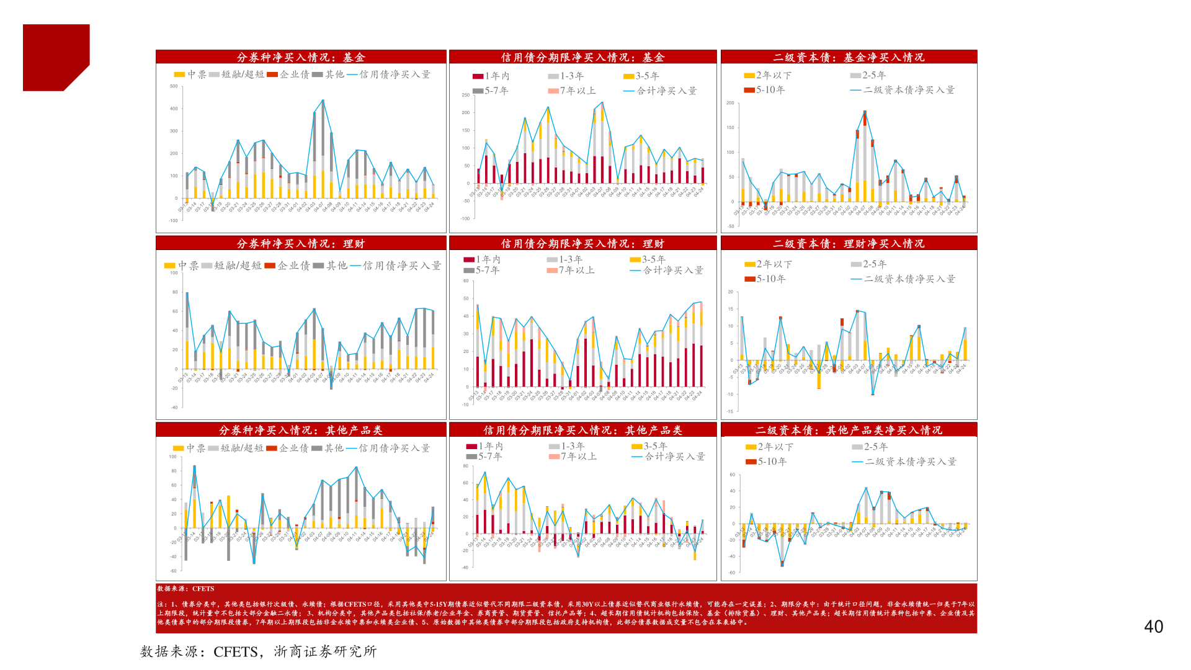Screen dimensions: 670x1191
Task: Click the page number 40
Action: point(1153,627)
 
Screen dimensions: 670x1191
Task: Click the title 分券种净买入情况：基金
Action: point(301,57)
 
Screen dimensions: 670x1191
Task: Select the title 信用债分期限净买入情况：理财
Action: point(582,244)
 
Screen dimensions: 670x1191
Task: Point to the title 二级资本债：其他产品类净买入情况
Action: point(848,430)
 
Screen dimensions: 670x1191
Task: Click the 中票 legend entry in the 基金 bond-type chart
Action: point(190,74)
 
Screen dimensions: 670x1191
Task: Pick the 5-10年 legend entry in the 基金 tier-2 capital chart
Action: point(764,90)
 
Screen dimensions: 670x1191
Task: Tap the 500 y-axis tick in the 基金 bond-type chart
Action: point(174,86)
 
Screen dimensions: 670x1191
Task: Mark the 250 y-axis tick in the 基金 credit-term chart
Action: point(465,95)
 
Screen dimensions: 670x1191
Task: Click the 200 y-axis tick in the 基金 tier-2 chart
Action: point(730,103)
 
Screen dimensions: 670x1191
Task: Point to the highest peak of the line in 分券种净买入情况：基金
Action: point(323,100)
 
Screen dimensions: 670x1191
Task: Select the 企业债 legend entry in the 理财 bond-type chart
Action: point(286,266)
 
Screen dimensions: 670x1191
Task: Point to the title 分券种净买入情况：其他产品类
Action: point(301,430)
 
